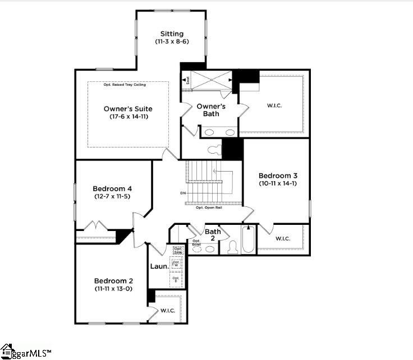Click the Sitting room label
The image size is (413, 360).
coord(172,34)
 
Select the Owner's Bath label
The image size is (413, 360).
coord(211,110)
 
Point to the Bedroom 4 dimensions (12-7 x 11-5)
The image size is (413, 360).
coord(112,196)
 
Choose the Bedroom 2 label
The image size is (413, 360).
coord(113,281)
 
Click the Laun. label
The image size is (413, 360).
coord(159,266)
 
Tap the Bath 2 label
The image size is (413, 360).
coord(213,235)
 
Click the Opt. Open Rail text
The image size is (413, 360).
coord(207,208)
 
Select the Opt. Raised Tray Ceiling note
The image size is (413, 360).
coord(128,85)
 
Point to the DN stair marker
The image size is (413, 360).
coord(183,193)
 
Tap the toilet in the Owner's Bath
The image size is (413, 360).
coord(214,150)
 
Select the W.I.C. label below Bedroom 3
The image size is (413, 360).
coord(283,239)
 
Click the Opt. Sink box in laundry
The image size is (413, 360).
coord(178,250)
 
